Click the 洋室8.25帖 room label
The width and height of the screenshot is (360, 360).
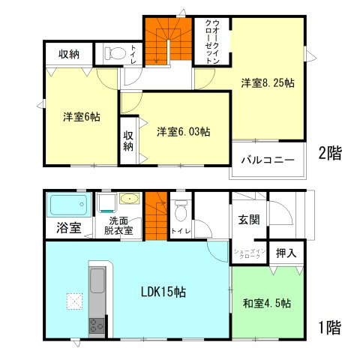coord(267,82)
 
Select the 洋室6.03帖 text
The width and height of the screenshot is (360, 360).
coord(183,132)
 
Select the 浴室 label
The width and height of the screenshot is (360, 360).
coord(66,228)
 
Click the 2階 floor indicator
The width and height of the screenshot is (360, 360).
coord(330,154)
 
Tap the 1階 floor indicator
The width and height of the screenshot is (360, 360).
coord(330,328)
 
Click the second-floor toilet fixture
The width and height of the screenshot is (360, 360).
coord(115,54)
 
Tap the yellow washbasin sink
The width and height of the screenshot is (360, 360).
coord(127,200)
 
